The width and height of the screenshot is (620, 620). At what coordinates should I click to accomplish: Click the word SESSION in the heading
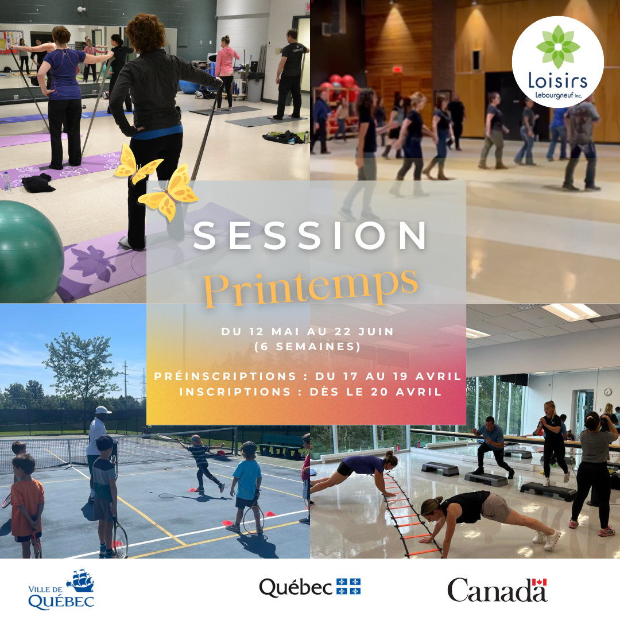(311, 236)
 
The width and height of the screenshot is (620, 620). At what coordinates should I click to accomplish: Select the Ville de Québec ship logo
(80, 581)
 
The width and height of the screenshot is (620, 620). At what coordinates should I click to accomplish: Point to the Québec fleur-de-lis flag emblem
(348, 587)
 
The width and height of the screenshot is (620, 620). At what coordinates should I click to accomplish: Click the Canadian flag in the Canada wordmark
(539, 582)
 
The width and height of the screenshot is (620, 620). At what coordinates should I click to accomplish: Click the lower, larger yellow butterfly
(168, 192)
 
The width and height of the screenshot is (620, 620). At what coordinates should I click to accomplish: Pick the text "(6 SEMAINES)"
(307, 347)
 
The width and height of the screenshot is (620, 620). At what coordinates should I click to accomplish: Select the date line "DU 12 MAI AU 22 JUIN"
(307, 332)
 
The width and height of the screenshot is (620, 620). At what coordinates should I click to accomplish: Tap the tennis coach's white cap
(103, 410)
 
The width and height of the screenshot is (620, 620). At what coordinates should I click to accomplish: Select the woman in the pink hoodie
(227, 69)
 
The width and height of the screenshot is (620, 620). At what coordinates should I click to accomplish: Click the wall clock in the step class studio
(607, 392)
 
